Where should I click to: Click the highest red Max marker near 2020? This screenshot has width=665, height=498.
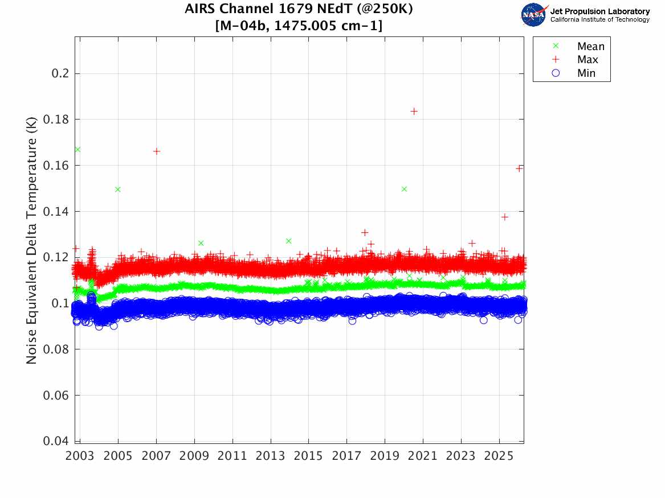coord(414,111)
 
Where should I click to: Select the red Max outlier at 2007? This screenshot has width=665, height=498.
coord(157,151)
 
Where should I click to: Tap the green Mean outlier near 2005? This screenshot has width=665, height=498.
coord(118,189)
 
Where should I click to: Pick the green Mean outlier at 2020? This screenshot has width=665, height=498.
coord(404,188)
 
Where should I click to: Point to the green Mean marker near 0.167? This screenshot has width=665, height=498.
coord(77,149)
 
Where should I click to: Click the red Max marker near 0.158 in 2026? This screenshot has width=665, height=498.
coord(519,168)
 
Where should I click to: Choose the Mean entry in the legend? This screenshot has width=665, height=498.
coord(590,47)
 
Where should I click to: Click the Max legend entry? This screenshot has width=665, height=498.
coord(588,60)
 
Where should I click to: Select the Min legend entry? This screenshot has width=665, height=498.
coord(586,73)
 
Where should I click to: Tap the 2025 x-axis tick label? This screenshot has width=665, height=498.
coord(499,455)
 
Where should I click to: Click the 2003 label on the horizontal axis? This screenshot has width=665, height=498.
coord(80,455)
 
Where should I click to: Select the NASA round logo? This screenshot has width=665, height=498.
coord(534,15)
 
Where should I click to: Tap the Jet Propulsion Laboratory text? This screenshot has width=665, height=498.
coord(599,11)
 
